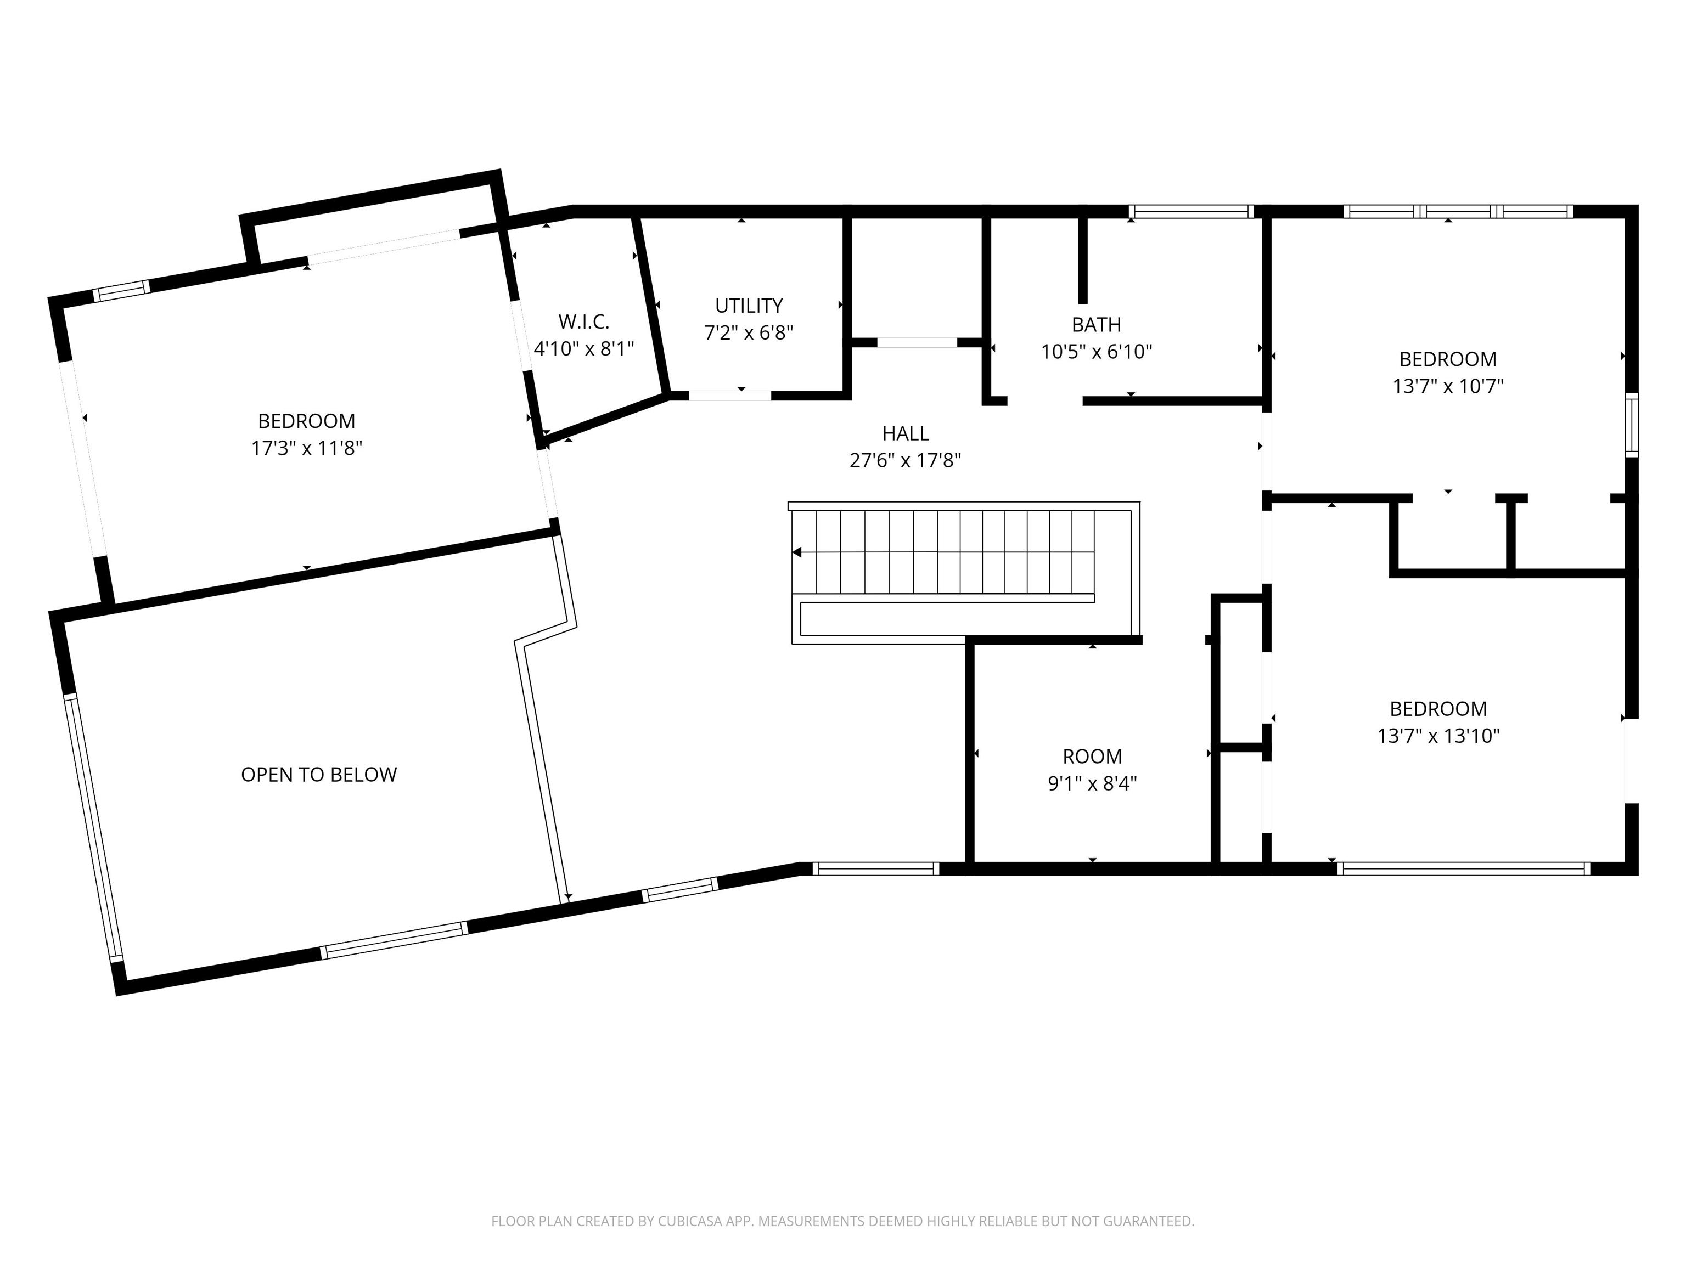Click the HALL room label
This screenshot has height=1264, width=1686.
click(906, 433)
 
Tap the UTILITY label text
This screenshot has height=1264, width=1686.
click(749, 306)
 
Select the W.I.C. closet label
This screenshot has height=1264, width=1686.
click(584, 321)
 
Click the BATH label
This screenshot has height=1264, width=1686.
click(1097, 325)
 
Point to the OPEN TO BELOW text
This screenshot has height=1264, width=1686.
click(319, 775)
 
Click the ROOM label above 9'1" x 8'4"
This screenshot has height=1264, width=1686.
click(1092, 757)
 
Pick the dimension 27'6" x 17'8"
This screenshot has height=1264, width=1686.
click(906, 460)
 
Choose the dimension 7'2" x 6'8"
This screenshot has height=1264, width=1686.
click(749, 333)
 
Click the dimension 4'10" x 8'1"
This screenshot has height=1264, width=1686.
click(584, 349)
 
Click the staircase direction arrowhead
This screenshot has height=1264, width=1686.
click(796, 552)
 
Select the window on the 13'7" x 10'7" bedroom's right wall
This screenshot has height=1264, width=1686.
click(1632, 425)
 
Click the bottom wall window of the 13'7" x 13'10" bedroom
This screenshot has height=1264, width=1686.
click(1463, 868)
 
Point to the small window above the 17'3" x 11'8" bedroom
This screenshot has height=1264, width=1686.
click(122, 291)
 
